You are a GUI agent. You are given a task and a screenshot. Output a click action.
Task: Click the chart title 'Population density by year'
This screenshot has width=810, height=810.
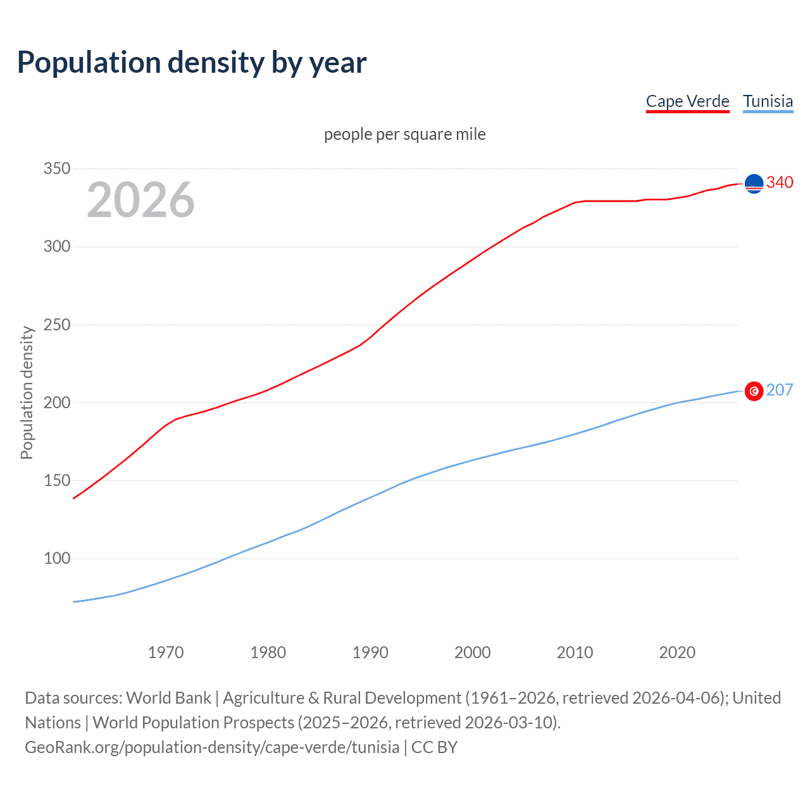(x=192, y=63)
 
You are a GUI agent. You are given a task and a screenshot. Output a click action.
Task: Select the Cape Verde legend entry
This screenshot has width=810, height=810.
(x=687, y=101)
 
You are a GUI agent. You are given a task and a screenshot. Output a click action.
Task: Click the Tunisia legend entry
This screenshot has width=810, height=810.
(x=768, y=101)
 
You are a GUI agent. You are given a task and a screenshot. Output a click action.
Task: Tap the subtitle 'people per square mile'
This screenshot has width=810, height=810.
(x=404, y=134)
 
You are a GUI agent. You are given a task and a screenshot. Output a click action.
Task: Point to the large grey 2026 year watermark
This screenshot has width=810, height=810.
(x=140, y=200)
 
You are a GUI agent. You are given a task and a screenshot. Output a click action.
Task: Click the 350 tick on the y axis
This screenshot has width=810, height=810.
(x=56, y=169)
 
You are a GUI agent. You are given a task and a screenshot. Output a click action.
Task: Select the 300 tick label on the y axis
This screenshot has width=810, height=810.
(x=56, y=247)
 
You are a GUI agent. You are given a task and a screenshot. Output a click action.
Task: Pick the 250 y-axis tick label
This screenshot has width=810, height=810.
(x=56, y=325)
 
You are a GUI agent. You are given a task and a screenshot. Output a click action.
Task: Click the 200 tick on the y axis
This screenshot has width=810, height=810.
(x=56, y=402)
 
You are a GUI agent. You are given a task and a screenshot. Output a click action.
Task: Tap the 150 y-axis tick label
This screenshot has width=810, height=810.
(x=56, y=480)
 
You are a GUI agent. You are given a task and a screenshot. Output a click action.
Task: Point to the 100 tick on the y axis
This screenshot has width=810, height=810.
(x=56, y=558)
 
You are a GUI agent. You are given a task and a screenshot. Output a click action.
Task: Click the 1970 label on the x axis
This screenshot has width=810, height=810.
(x=166, y=652)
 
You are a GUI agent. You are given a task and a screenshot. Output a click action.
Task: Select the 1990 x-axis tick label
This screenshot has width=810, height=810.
(x=370, y=652)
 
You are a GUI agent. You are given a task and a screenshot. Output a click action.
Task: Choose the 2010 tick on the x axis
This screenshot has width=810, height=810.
(x=575, y=652)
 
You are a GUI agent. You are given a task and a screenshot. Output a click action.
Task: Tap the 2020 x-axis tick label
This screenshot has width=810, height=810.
(x=677, y=652)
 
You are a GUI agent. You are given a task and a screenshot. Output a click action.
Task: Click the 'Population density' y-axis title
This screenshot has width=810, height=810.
(x=27, y=392)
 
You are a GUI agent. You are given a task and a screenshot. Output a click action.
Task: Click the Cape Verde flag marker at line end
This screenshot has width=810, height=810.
(x=754, y=184)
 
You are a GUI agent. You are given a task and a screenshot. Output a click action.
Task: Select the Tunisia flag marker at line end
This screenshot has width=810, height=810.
(x=754, y=391)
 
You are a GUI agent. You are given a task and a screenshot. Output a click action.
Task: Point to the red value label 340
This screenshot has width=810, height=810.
(x=780, y=182)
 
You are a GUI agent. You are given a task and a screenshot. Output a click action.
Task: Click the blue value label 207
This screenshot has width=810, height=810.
(x=780, y=390)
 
